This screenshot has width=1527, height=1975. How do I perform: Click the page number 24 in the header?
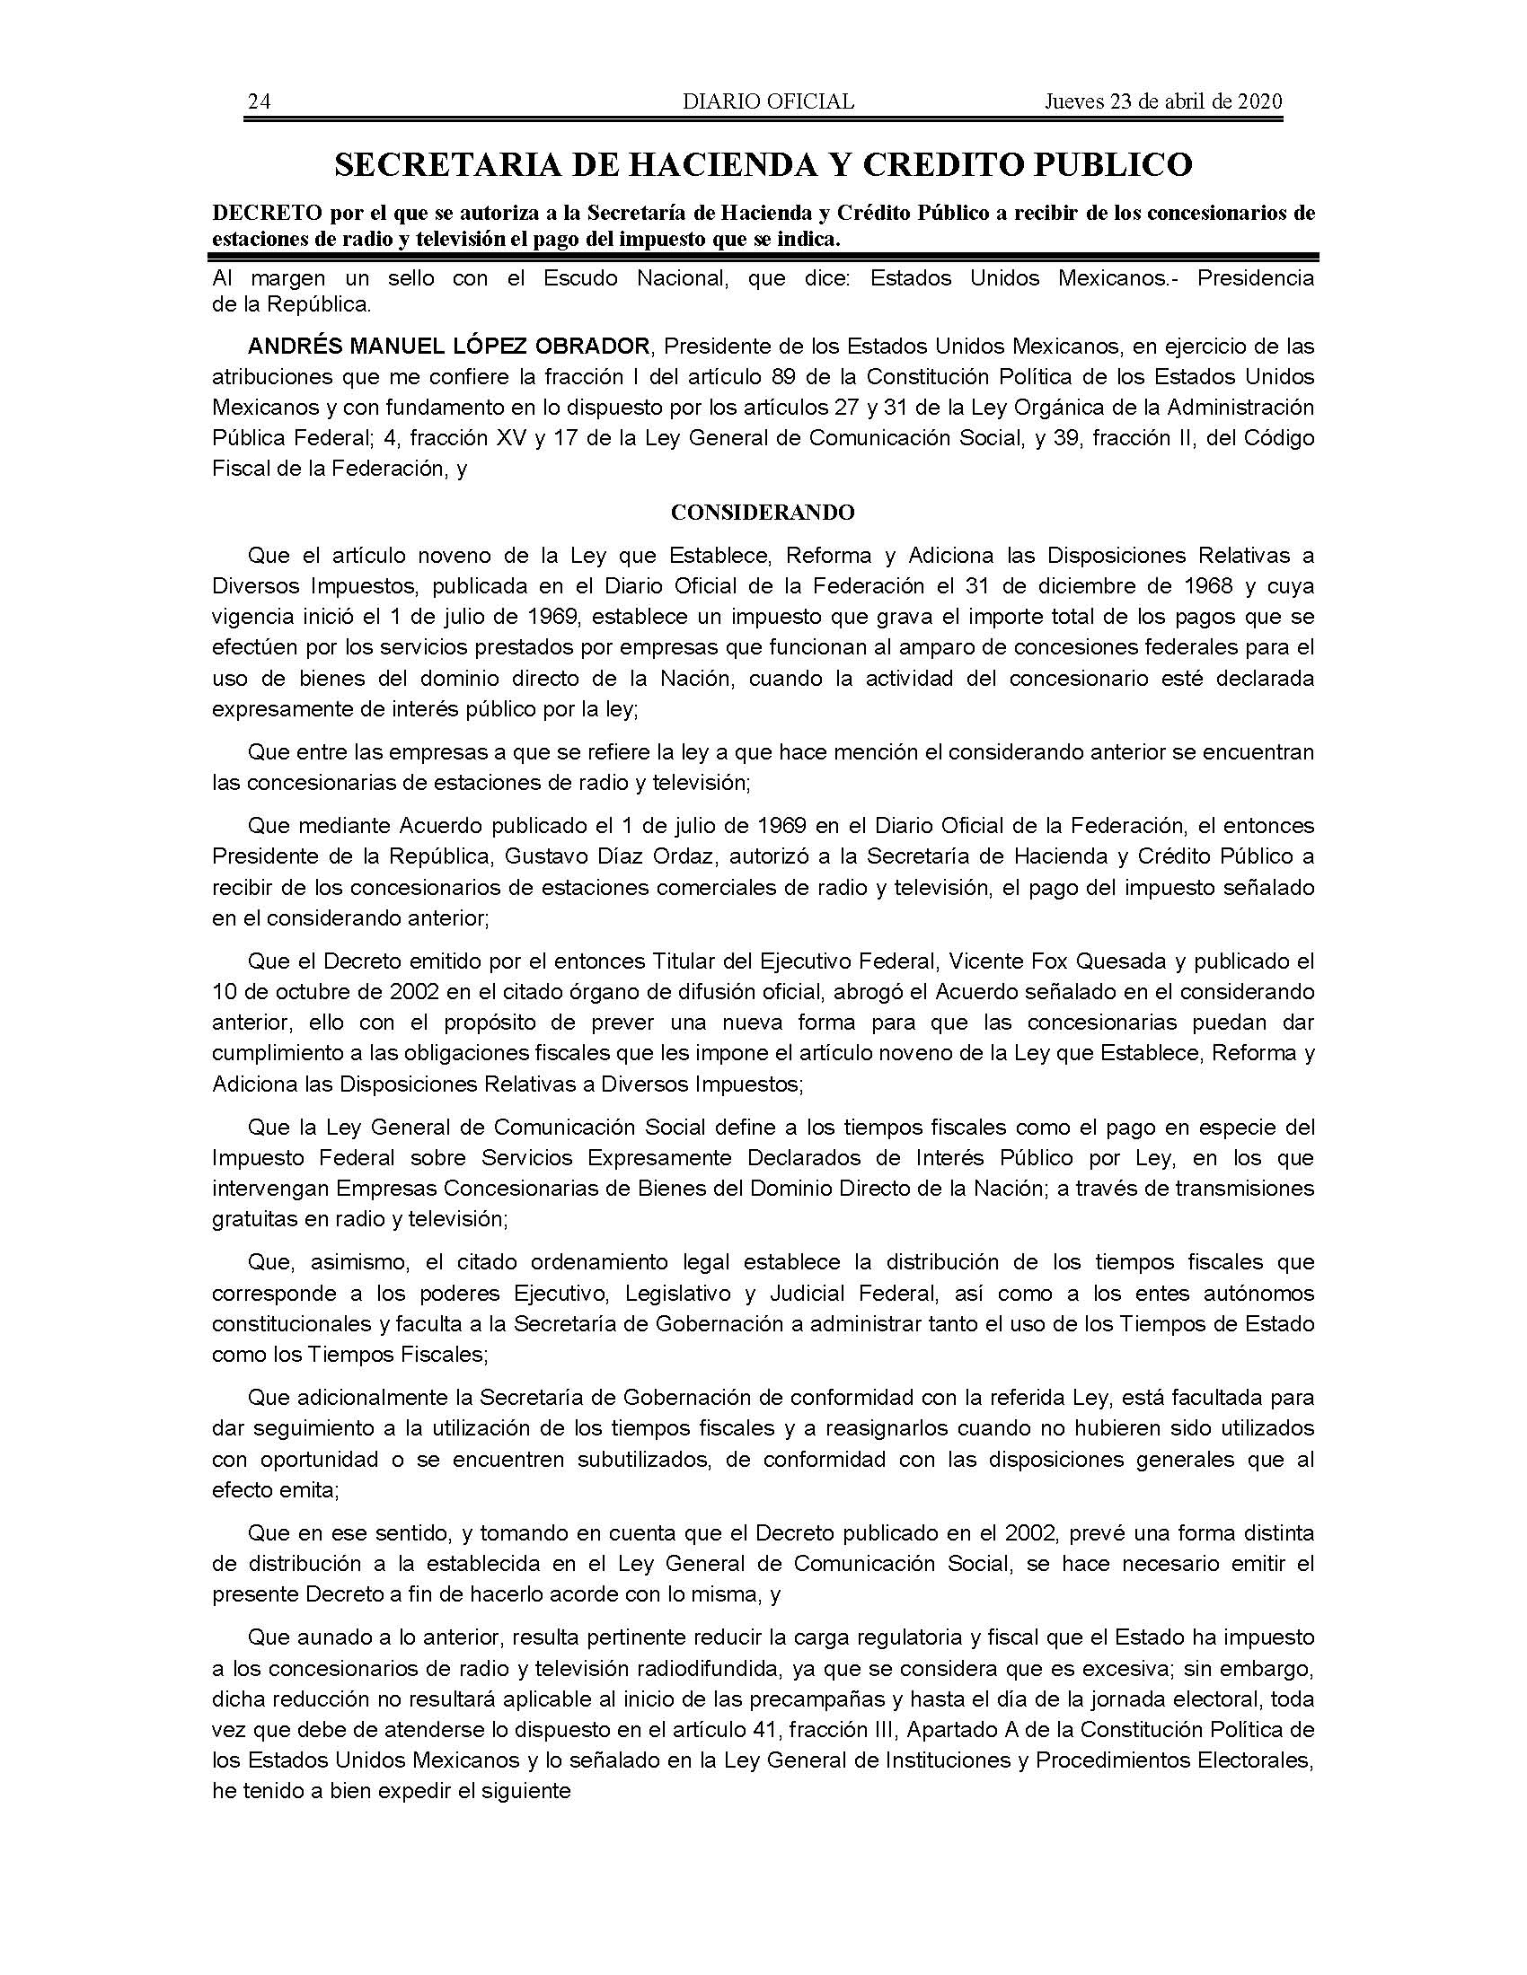[259, 101]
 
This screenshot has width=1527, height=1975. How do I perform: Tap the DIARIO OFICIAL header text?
[768, 101]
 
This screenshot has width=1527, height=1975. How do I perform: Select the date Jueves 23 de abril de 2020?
[1163, 101]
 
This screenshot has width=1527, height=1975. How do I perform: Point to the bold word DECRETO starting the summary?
[266, 214]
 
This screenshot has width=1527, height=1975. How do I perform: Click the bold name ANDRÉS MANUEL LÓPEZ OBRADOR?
[449, 347]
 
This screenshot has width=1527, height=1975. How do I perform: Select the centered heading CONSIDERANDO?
[763, 513]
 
